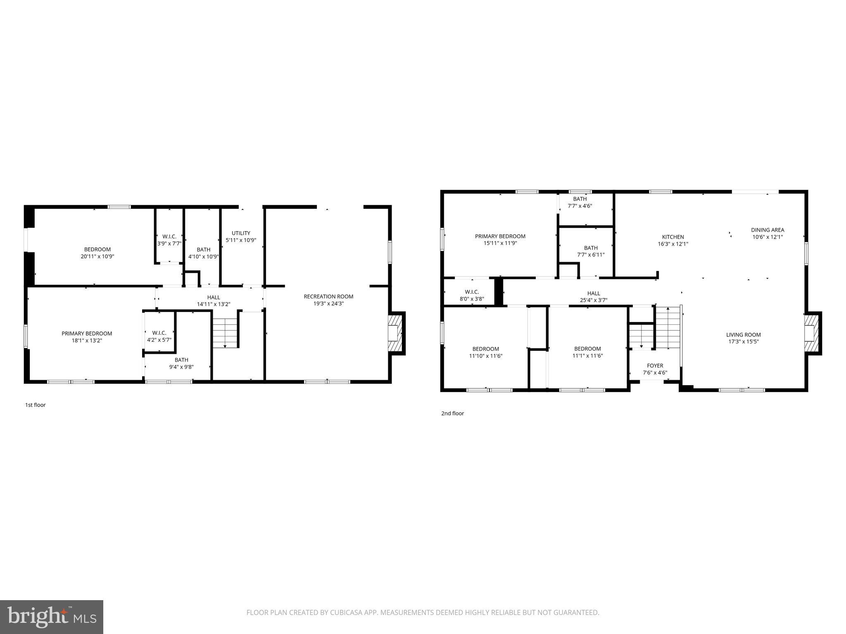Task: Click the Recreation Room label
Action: coord(328,296)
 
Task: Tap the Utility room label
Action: coord(241,233)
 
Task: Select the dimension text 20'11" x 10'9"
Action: coord(97,256)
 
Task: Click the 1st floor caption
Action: coord(36,405)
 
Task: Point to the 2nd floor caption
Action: coord(452,413)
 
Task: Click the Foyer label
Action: coord(655,366)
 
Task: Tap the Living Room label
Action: coord(743,335)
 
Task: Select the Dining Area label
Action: coord(767,230)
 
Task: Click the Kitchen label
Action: coord(673,237)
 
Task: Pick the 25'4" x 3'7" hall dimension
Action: coord(594,300)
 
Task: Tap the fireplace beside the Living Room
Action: coord(812,333)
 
